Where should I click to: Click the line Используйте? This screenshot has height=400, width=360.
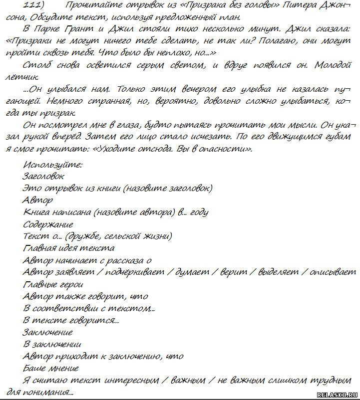52,165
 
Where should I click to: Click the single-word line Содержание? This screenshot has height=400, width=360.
48,224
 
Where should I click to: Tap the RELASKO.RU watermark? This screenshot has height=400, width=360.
338,394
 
